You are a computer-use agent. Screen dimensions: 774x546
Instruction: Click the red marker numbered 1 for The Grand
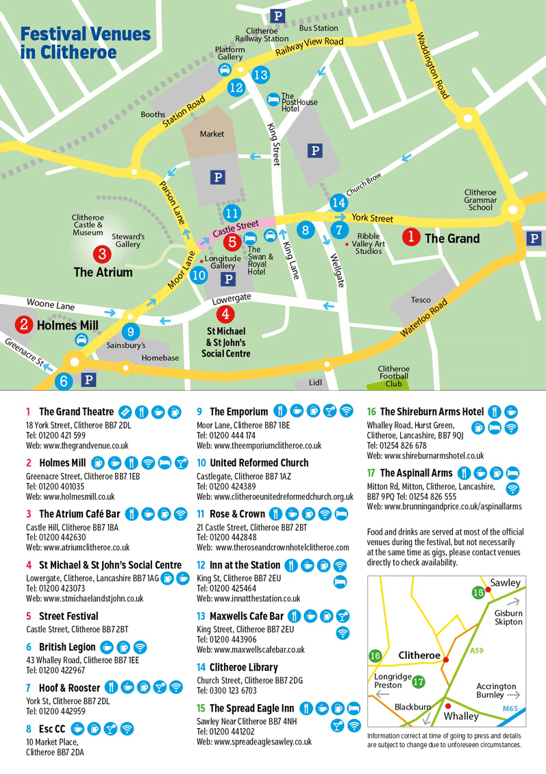click(411, 237)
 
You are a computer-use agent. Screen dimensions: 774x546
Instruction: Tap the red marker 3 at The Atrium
click(102, 254)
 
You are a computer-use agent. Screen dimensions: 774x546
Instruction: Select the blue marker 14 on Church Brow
click(338, 202)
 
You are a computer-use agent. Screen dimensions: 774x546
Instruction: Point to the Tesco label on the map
click(421, 300)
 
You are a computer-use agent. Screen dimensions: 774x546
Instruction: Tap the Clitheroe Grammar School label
click(480, 199)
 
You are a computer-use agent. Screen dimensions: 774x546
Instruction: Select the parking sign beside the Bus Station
click(277, 16)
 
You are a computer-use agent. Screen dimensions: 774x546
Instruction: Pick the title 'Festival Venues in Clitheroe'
click(85, 43)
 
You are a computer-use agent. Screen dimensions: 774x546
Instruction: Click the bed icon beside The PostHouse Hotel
click(273, 99)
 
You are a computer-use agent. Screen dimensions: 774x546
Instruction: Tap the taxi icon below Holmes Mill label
click(82, 339)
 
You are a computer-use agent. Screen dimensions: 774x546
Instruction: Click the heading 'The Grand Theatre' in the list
click(76, 412)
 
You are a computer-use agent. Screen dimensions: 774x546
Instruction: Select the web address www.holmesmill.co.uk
click(70, 496)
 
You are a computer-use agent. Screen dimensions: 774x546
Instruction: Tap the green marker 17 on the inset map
click(419, 681)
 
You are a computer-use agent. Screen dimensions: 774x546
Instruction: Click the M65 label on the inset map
click(511, 708)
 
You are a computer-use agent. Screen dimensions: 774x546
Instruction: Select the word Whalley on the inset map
click(461, 716)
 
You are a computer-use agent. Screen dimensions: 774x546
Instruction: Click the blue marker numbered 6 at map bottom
click(64, 381)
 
